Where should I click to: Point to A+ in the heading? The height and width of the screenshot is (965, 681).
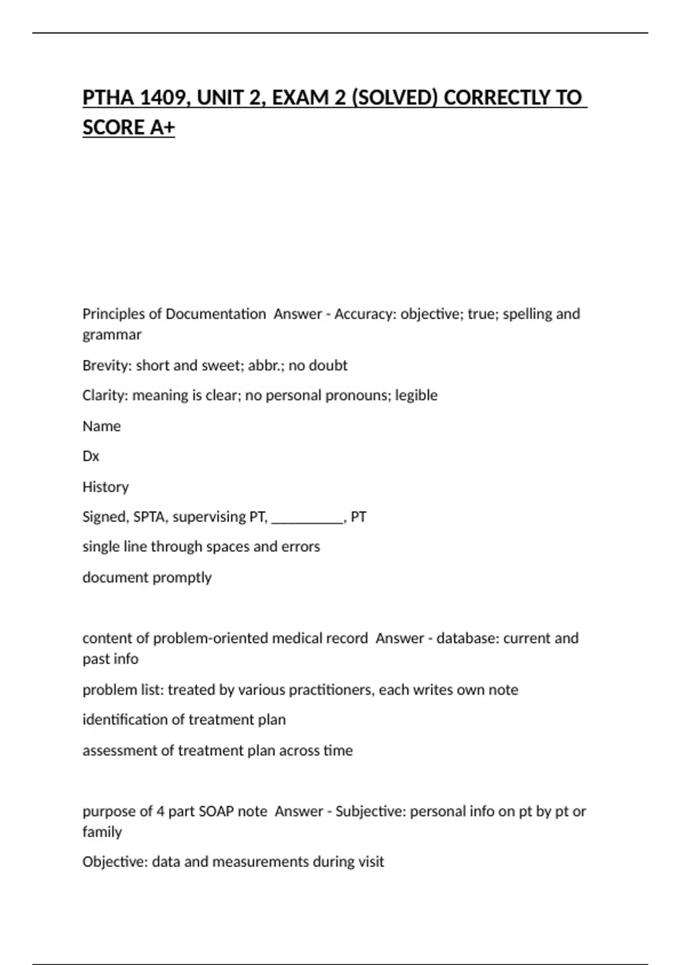pyautogui.click(x=162, y=127)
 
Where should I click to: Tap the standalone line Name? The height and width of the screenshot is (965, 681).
pyautogui.click(x=102, y=426)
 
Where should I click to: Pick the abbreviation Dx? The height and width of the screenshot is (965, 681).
pyautogui.click(x=91, y=456)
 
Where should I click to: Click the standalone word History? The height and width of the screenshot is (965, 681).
pyautogui.click(x=106, y=486)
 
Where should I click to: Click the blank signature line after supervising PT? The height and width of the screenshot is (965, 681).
pyautogui.click(x=308, y=518)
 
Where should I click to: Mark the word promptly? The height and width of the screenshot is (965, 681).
pyautogui.click(x=183, y=577)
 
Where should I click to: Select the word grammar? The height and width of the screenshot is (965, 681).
pyautogui.click(x=112, y=335)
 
